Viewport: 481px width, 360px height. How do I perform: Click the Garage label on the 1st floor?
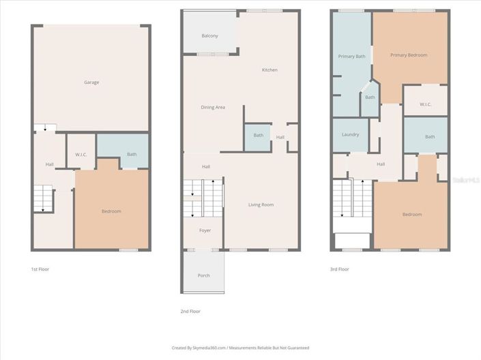pyautogui.click(x=91, y=82)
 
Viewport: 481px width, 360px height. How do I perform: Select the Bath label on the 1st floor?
pyautogui.click(x=132, y=154)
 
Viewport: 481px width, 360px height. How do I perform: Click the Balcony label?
pyautogui.click(x=209, y=35)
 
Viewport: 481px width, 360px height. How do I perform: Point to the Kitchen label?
pyautogui.click(x=269, y=70)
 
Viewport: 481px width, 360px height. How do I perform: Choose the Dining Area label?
pyautogui.click(x=213, y=107)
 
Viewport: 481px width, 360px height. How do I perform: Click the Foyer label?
pyautogui.click(x=205, y=230)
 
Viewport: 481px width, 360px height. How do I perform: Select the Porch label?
pyautogui.click(x=204, y=275)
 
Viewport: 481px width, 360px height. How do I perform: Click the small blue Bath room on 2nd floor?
pyautogui.click(x=258, y=135)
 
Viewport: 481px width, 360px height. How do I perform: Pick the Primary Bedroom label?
pyautogui.click(x=409, y=55)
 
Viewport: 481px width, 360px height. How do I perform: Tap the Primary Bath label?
pyautogui.click(x=352, y=57)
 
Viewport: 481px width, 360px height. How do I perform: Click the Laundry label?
pyautogui.click(x=350, y=134)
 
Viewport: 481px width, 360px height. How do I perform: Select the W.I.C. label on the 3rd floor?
pyautogui.click(x=425, y=104)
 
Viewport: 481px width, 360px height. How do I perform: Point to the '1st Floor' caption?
pyautogui.click(x=40, y=269)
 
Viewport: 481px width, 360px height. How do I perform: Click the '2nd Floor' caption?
pyautogui.click(x=191, y=311)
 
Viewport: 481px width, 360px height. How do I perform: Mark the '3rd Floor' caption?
pyautogui.click(x=339, y=269)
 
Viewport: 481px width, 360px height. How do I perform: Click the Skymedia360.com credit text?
pyautogui.click(x=240, y=348)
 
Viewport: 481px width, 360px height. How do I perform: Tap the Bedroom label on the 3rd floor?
pyautogui.click(x=411, y=215)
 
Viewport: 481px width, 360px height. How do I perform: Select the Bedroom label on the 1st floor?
pyautogui.click(x=111, y=211)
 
